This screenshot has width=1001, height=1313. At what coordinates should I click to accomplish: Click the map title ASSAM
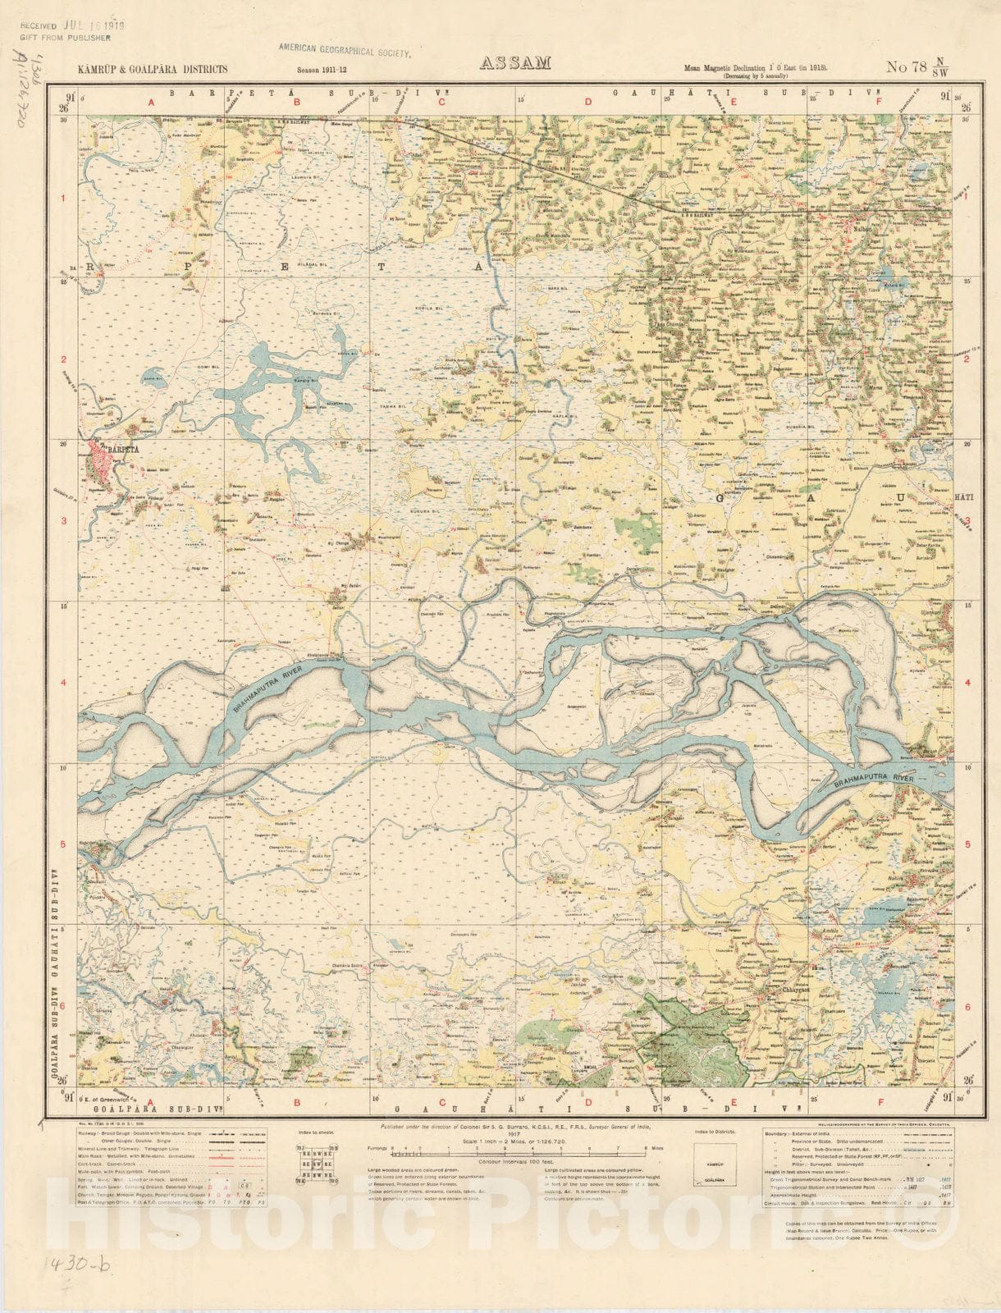pos(514,63)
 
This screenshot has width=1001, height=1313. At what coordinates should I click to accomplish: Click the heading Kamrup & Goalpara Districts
pos(153,70)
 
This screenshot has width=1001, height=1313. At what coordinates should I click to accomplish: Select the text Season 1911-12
pos(322,71)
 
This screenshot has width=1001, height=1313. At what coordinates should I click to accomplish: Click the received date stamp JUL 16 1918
pos(90,25)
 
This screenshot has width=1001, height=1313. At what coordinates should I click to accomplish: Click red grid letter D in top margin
pos(587,103)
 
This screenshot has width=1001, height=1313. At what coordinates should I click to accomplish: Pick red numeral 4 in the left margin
pos(62,682)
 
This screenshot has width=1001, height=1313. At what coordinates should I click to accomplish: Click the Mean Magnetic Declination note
pos(755,70)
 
